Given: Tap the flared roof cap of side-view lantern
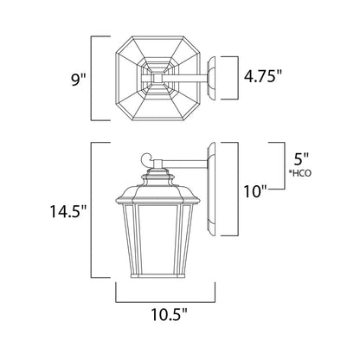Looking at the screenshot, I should [x=159, y=183].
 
